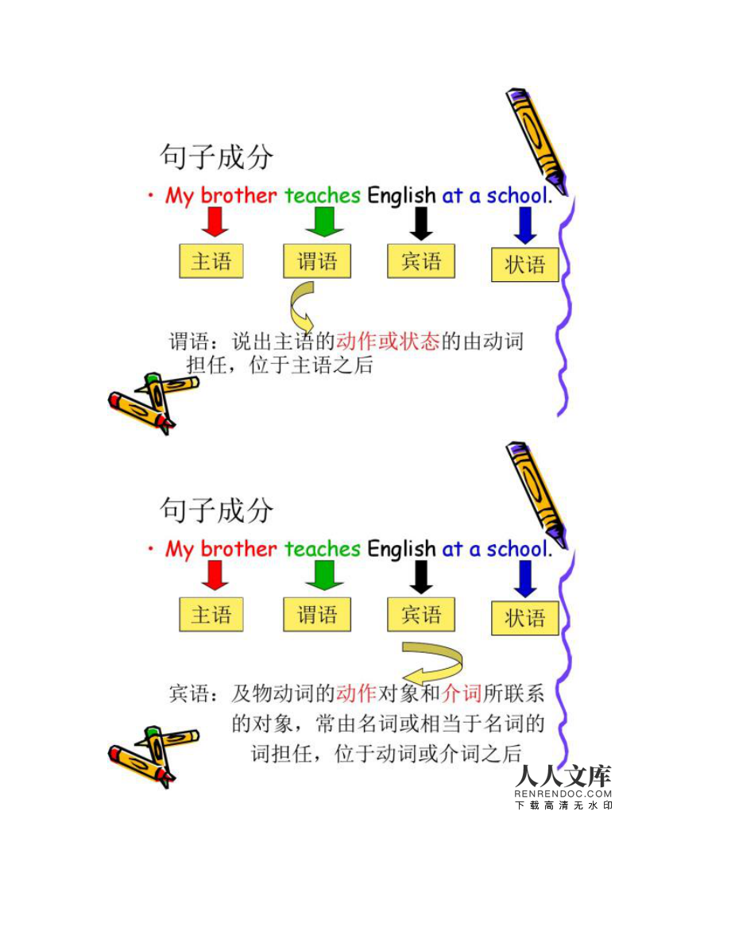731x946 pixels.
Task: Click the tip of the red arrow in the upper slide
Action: (x=215, y=236)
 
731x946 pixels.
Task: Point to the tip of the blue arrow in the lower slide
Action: (x=524, y=597)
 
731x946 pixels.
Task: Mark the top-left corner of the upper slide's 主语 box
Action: (x=180, y=245)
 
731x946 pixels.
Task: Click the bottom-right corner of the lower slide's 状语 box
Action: (x=559, y=635)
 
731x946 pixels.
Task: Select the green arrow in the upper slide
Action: (x=324, y=222)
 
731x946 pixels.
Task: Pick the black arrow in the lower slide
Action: (x=421, y=577)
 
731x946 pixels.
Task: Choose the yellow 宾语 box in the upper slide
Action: (x=421, y=261)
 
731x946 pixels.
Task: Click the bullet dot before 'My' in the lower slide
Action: (x=150, y=548)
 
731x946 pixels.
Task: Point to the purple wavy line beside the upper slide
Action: (x=564, y=305)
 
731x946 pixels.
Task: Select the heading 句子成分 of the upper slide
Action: (x=216, y=156)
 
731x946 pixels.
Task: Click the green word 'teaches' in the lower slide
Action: (x=323, y=548)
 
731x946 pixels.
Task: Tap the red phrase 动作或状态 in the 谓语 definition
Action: (x=388, y=342)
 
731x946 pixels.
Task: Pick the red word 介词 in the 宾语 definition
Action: (x=461, y=694)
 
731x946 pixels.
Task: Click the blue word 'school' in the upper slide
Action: (x=516, y=195)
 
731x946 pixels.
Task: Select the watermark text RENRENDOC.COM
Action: (x=563, y=794)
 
